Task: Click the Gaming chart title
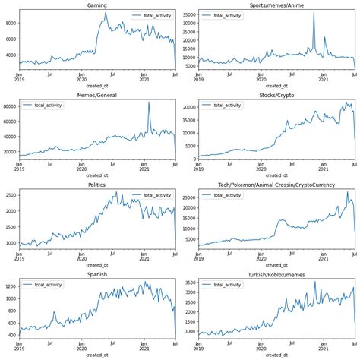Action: coord(96,5)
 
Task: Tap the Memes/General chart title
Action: coord(96,95)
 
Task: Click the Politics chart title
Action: coord(96,185)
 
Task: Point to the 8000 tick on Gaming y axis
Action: coord(8,23)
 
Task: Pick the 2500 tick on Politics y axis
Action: coord(8,195)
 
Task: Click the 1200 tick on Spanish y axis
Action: coord(8,286)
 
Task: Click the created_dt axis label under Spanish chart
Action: coord(96,355)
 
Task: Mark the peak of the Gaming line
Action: coord(106,12)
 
